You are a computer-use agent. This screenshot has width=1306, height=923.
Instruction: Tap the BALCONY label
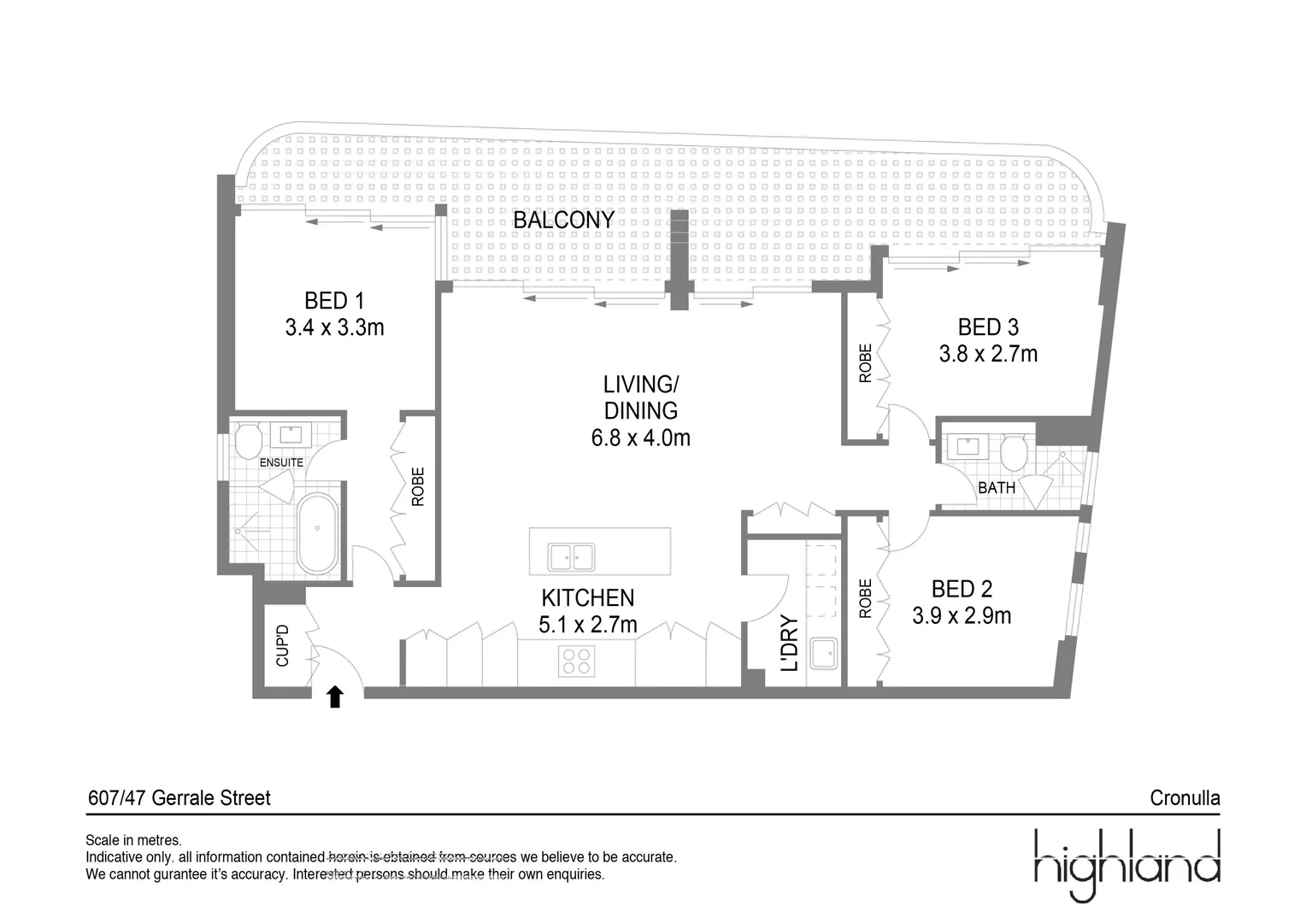point(563,220)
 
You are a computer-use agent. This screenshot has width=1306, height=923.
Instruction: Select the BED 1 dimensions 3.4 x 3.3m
point(334,327)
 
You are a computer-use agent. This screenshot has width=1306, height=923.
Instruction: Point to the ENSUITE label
point(281,462)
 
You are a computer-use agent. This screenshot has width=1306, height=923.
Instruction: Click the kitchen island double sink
point(572,556)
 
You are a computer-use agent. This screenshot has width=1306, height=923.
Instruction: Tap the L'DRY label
point(790,643)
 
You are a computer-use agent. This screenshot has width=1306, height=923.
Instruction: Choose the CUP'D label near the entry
point(283,645)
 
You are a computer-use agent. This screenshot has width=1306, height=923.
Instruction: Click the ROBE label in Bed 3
point(865,362)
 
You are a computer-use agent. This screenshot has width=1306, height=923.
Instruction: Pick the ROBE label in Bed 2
point(865,598)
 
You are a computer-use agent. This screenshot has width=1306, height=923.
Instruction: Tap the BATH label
point(996,488)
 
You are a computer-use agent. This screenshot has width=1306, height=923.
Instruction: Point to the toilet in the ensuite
point(249,441)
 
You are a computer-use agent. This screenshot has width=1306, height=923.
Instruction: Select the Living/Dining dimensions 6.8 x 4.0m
point(640,438)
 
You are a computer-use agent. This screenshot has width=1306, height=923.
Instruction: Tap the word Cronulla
point(1185,798)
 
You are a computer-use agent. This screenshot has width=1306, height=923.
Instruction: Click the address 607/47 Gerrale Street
point(179,798)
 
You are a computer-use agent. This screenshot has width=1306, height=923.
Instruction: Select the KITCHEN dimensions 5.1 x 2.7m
point(588,626)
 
